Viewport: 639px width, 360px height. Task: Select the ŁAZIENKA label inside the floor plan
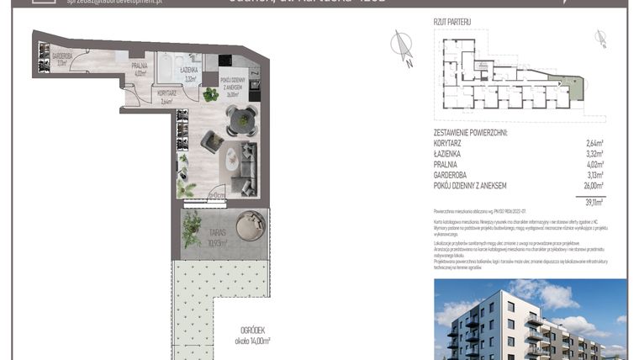point(188,75)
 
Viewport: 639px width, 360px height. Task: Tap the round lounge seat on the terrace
point(249,225)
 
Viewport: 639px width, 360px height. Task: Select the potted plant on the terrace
point(193,227)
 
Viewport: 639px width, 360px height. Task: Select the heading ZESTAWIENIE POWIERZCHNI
point(471,132)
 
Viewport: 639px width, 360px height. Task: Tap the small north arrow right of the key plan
point(599,37)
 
